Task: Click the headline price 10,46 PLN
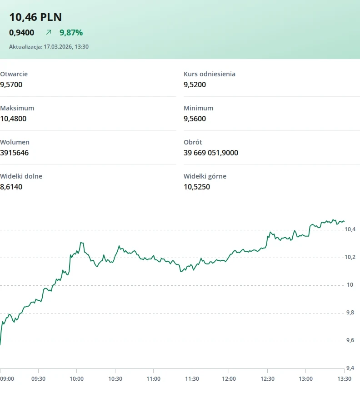click(x=35, y=17)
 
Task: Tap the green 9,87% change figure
click(x=71, y=33)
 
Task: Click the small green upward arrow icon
click(x=49, y=32)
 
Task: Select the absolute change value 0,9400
click(x=21, y=33)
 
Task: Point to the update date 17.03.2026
click(x=58, y=47)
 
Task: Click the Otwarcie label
click(x=14, y=74)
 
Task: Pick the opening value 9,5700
click(x=11, y=85)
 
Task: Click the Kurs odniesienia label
click(x=210, y=74)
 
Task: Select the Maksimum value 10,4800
click(x=13, y=119)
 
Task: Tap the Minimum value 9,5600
click(x=195, y=119)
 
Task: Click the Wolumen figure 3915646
click(x=14, y=153)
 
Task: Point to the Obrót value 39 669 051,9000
click(x=211, y=153)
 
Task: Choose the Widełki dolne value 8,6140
click(x=11, y=187)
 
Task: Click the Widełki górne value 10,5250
click(x=197, y=187)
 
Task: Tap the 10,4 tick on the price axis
click(x=350, y=229)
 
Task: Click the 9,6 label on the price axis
click(x=350, y=340)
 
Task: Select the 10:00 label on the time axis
click(x=76, y=379)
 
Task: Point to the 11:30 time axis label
click(x=192, y=379)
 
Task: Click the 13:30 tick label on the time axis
click(x=344, y=379)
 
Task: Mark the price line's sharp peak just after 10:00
click(x=81, y=242)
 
